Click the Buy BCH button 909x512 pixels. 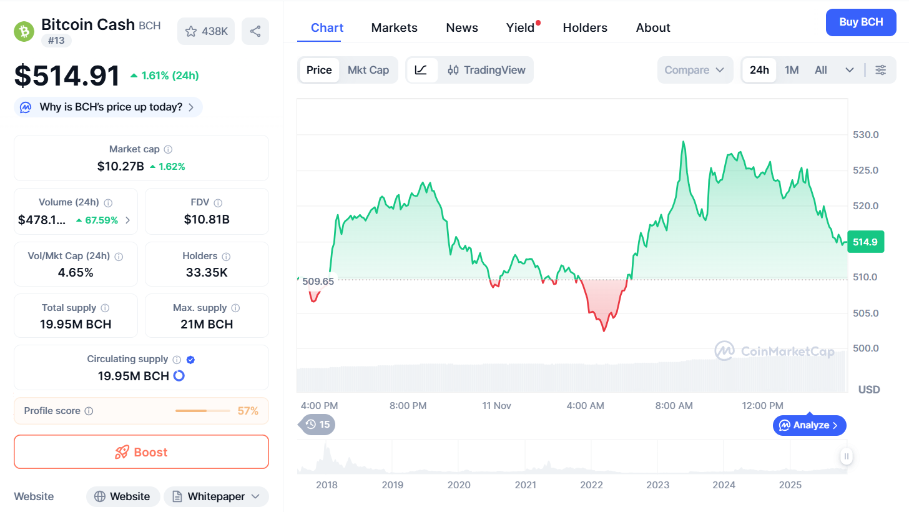[x=861, y=22]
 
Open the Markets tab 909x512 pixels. [x=394, y=27]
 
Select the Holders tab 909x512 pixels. [x=585, y=27]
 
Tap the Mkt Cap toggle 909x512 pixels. [x=368, y=70]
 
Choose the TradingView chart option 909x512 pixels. [x=486, y=70]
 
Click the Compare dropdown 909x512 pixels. [x=694, y=70]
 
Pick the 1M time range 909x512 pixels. [x=792, y=70]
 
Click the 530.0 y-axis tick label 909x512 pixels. [x=866, y=135]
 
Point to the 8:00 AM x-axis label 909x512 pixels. [x=674, y=406]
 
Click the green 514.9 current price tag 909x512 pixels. [x=865, y=242]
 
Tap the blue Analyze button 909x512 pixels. [x=810, y=425]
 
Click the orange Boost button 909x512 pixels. [x=141, y=452]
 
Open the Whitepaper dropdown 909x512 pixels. [x=216, y=496]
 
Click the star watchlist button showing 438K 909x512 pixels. [x=206, y=31]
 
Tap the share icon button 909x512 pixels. [x=255, y=31]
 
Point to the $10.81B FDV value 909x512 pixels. [x=207, y=219]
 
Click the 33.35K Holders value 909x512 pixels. [x=207, y=272]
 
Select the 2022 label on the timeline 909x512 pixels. [x=591, y=485]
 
